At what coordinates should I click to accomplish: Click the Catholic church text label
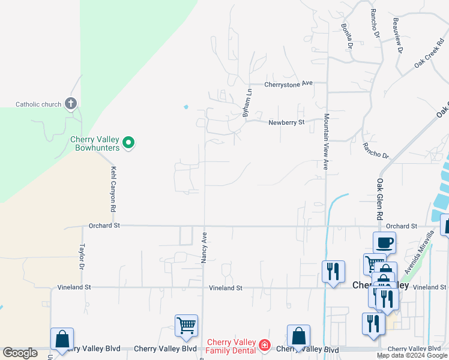pyautogui.click(x=38, y=104)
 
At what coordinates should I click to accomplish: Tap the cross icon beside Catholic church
pyautogui.click(x=71, y=104)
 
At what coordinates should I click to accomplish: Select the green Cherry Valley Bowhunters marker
pyautogui.click(x=128, y=143)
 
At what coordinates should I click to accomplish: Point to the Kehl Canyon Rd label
pyautogui.click(x=113, y=189)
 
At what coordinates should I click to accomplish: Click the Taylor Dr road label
pyautogui.click(x=82, y=256)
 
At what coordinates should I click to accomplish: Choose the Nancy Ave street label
pyautogui.click(x=204, y=247)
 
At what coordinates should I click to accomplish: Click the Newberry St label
pyautogui.click(x=287, y=122)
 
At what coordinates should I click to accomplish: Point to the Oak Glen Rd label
pyautogui.click(x=380, y=197)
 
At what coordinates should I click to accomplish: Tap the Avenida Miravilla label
pyautogui.click(x=419, y=253)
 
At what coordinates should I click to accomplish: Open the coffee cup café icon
pyautogui.click(x=385, y=243)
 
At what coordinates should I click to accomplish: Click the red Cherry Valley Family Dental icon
pyautogui.click(x=263, y=346)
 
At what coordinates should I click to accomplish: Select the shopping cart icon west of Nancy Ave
pyautogui.click(x=187, y=326)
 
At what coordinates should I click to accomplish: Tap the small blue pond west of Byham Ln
pyautogui.click(x=186, y=107)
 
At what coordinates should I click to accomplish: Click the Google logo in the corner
pyautogui.click(x=20, y=353)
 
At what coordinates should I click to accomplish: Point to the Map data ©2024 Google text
pyautogui.click(x=412, y=356)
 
